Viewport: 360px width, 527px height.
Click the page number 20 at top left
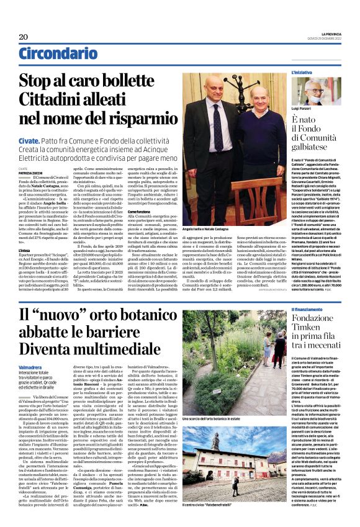click(23, 37)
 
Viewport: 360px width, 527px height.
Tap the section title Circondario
click(53, 55)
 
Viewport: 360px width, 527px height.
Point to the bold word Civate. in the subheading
click(27, 142)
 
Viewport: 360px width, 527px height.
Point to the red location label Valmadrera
click(30, 367)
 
